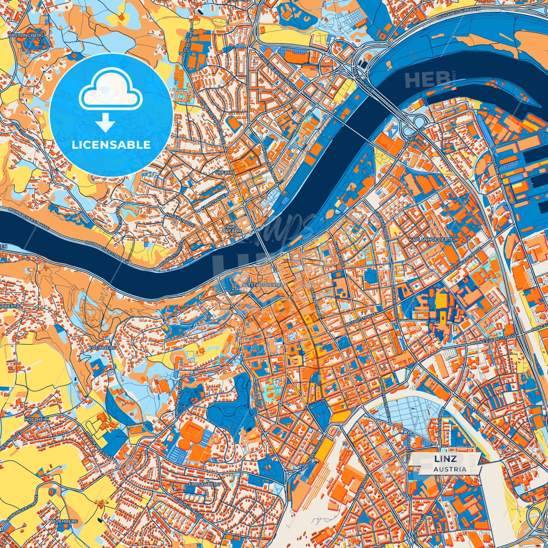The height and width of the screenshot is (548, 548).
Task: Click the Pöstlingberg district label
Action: tap(26, 35)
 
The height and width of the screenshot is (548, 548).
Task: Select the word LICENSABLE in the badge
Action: tap(111, 145)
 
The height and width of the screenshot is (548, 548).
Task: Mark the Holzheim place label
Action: tap(35, 419)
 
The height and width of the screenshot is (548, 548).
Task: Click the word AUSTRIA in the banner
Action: tap(451, 469)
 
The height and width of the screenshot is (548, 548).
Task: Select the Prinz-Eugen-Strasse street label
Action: tap(495, 339)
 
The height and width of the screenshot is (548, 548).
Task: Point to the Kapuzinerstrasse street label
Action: tap(179, 394)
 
